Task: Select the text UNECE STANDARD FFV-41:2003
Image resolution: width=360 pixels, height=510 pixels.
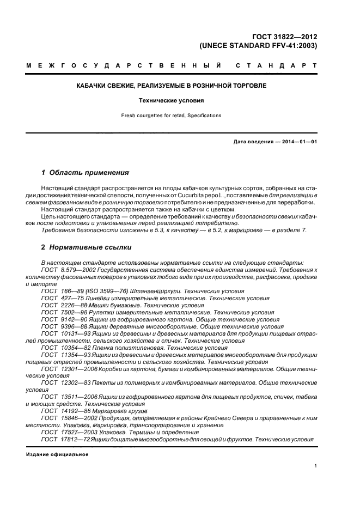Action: (x=258, y=46)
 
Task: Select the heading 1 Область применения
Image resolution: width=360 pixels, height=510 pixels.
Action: (x=85, y=173)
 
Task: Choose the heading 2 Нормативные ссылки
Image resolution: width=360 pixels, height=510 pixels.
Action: (x=86, y=247)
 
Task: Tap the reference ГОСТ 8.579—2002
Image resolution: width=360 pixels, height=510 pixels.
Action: (x=62, y=270)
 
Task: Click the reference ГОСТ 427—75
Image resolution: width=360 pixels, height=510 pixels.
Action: (x=57, y=299)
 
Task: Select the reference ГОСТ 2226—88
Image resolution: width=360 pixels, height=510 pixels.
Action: (x=59, y=306)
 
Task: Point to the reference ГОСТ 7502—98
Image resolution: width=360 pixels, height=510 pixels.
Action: (x=59, y=313)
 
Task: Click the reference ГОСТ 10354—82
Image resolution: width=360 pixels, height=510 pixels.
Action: (x=60, y=348)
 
